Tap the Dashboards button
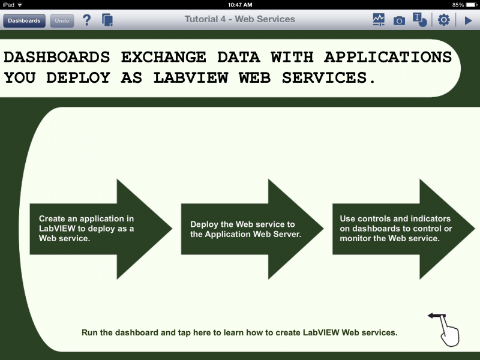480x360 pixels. [24, 21]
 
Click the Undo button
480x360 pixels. [62, 21]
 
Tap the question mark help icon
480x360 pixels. [87, 20]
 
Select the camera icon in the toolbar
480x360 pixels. [399, 21]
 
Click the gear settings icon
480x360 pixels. [443, 20]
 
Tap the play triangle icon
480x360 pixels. [468, 20]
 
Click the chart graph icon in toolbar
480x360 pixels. [379, 20]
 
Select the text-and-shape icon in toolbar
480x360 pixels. [419, 20]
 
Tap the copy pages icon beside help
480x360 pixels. [107, 20]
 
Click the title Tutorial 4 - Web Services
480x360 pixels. [239, 19]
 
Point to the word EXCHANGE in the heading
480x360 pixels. [163, 57]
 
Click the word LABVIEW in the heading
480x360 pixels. [191, 77]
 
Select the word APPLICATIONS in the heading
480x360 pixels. [388, 57]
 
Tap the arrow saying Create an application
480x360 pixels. [101, 229]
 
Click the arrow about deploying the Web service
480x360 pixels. [252, 229]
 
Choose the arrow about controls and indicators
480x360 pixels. [404, 229]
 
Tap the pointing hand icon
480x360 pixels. [444, 329]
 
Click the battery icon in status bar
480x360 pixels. [472, 5]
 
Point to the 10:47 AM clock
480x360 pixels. [240, 5]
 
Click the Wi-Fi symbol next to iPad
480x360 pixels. [20, 5]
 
